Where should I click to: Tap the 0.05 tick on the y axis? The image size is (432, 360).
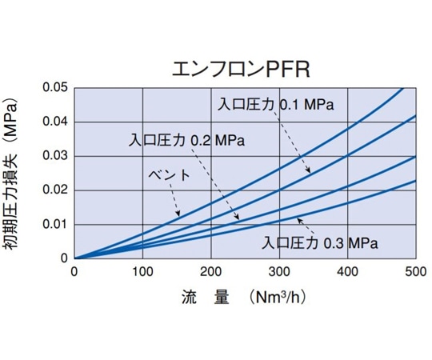pyautogui.click(x=55, y=87)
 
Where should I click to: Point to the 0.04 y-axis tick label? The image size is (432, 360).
pyautogui.click(x=55, y=122)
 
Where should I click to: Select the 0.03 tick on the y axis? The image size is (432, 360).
pyautogui.click(x=55, y=155)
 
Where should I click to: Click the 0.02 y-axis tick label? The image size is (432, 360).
pyautogui.click(x=55, y=190)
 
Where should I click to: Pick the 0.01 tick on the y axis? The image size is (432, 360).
pyautogui.click(x=55, y=224)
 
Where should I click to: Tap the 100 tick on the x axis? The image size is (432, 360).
pyautogui.click(x=142, y=270)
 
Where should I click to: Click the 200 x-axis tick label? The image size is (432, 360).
pyautogui.click(x=210, y=270)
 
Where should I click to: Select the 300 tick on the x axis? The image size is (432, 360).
pyautogui.click(x=279, y=270)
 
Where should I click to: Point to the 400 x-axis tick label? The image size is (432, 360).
pyautogui.click(x=347, y=270)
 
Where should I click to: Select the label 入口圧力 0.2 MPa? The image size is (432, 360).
pyautogui.click(x=186, y=139)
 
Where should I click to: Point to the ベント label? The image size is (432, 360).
pyautogui.click(x=169, y=175)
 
